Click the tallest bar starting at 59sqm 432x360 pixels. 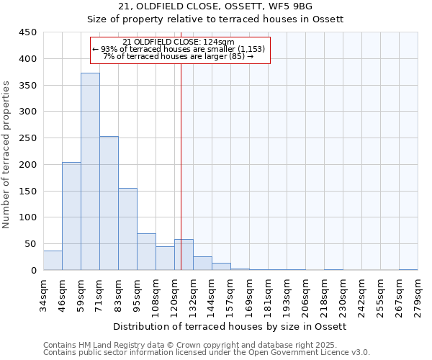coord(90,171)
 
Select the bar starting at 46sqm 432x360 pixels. coord(71,216)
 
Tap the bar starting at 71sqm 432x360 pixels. coord(109,203)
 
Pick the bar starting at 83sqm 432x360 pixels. coord(127,229)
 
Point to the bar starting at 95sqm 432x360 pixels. coord(146,252)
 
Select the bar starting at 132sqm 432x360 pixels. coord(202,264)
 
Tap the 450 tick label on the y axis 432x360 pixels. coord(28,32)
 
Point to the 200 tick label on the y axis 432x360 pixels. coord(28,165)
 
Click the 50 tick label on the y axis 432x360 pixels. coord(31,244)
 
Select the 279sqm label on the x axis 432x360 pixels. coord(418,294)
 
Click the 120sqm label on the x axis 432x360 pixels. coord(174,294)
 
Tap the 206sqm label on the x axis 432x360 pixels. coord(305,294)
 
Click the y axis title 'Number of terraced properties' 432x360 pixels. coord(6,155)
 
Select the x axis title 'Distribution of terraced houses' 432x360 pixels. coord(230,327)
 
